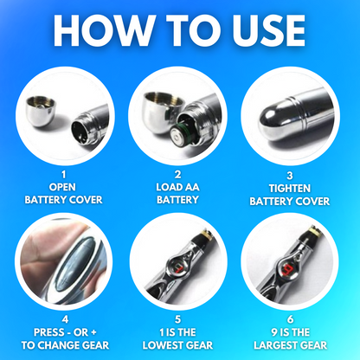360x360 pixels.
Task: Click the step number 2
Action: [x=180, y=173]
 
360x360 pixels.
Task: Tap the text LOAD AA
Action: [x=180, y=185]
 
